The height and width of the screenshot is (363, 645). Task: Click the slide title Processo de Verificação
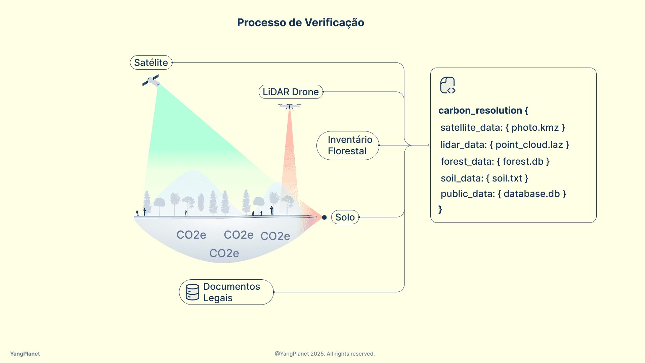tap(300, 23)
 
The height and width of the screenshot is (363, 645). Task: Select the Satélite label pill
tap(151, 63)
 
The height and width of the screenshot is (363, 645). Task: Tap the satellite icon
tap(151, 81)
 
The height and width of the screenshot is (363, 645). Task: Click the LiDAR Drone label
tap(291, 92)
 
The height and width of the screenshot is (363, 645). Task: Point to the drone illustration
tap(290, 107)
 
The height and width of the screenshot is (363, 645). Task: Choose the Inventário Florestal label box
tap(348, 145)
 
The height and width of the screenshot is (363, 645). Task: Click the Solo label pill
tap(345, 217)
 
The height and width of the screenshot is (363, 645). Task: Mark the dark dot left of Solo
tap(324, 217)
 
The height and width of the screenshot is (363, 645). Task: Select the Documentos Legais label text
tap(231, 292)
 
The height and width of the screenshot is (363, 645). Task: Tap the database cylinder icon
tap(192, 292)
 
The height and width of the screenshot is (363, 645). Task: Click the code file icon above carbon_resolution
tap(447, 85)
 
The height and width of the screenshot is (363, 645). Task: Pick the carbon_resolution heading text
tap(483, 110)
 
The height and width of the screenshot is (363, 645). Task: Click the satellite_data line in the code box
tap(503, 127)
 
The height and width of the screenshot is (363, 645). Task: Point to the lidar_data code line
tap(505, 145)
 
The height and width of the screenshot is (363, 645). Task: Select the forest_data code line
tap(495, 161)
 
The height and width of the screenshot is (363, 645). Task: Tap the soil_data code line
tap(484, 178)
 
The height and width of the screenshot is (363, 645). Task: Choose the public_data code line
tap(503, 194)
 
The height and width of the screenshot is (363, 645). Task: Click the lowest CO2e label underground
tap(224, 253)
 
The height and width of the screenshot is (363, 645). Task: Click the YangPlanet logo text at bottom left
tap(25, 354)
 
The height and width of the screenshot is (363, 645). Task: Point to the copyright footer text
tap(325, 354)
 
